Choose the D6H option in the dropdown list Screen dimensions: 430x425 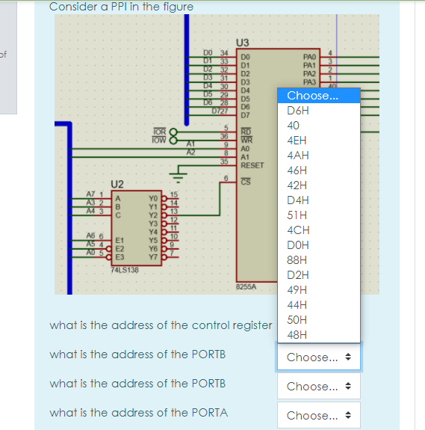tap(297, 111)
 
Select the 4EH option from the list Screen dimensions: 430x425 tap(297, 141)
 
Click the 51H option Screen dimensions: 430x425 tap(297, 215)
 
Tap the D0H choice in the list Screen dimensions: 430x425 tap(297, 245)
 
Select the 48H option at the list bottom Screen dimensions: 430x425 tap(297, 335)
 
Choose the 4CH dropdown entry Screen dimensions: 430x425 tap(297, 230)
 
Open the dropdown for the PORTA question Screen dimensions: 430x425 tap(319, 416)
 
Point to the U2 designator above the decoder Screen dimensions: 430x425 tap(117, 182)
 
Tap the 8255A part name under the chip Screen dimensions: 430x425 tap(246, 286)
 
